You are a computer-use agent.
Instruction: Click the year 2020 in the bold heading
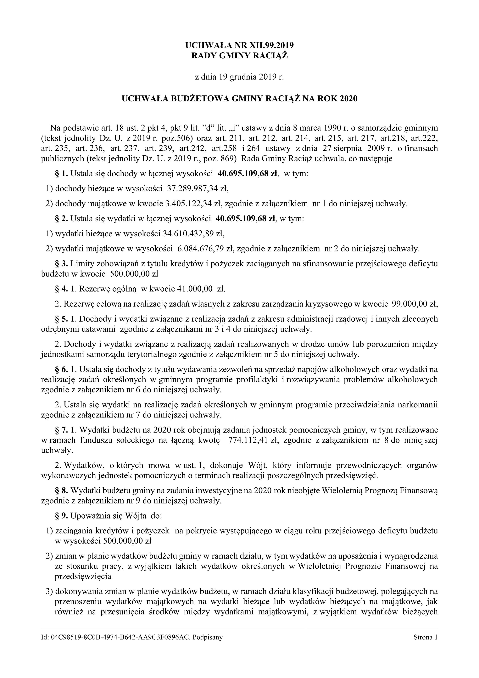coord(348,99)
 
